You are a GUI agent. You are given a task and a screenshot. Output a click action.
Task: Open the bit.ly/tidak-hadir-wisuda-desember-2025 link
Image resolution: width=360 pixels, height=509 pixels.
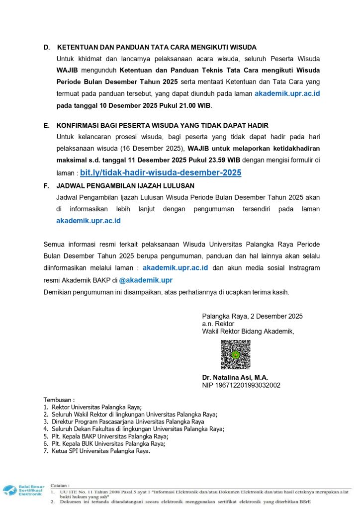(161, 173)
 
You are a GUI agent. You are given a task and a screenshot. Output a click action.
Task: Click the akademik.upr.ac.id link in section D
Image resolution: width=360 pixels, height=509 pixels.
(287, 93)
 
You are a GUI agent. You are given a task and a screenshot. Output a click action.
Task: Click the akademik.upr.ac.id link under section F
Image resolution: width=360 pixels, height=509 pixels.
(89, 221)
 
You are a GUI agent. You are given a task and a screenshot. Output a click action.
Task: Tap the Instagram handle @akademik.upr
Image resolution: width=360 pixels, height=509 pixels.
(146, 280)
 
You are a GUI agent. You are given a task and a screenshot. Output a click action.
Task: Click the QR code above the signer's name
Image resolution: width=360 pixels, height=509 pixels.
(235, 354)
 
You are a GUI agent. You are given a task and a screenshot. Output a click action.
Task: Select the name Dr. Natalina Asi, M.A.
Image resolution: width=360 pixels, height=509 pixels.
(235, 378)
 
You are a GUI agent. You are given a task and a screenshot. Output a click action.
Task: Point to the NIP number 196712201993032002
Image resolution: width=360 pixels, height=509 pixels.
(241, 385)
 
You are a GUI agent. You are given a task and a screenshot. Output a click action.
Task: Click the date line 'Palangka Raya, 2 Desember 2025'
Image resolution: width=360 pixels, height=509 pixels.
(252, 316)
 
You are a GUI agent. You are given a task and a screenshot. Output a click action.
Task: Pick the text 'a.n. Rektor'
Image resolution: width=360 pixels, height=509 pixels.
(218, 324)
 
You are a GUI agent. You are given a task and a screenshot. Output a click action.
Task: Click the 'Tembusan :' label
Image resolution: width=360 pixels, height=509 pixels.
(59, 400)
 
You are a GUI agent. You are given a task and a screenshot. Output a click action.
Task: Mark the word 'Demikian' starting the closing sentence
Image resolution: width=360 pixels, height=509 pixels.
(59, 292)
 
